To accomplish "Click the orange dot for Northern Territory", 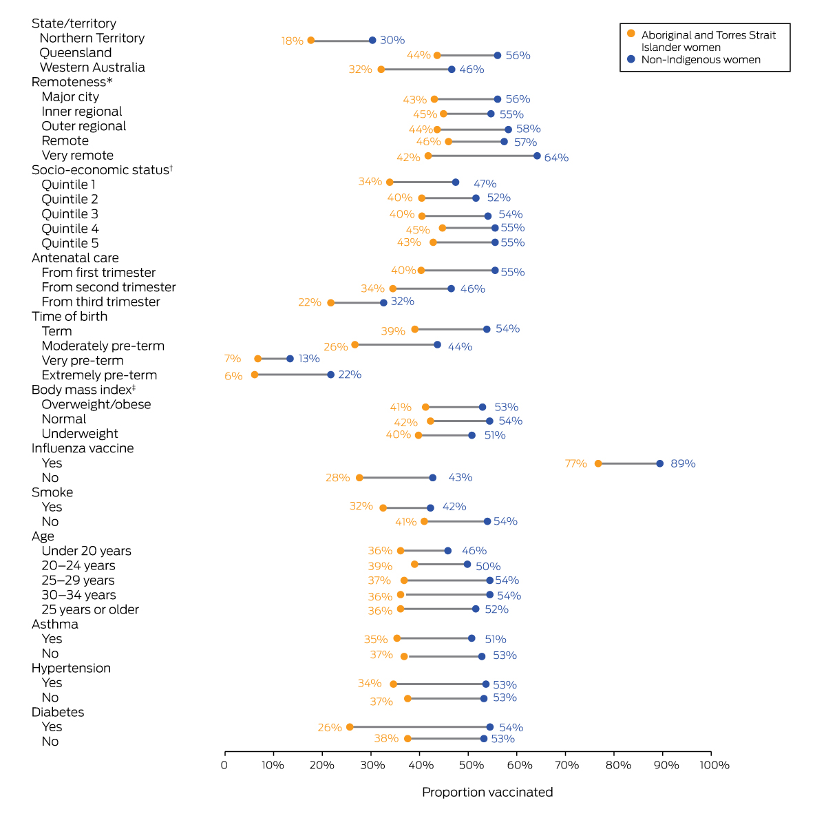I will (310, 41).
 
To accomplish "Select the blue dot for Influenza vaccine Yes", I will (659, 463).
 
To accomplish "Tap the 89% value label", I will (683, 464).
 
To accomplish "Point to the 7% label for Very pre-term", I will (233, 359).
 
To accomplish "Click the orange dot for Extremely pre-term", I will (255, 375).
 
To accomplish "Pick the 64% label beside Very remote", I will (556, 158).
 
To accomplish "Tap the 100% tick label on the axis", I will (711, 765).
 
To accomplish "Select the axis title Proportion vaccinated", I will (487, 792).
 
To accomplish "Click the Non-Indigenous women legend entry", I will (701, 60).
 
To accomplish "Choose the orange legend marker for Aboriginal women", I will (631, 33).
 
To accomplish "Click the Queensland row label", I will (76, 53).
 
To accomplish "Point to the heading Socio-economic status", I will (100, 170).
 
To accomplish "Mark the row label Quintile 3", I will (70, 214).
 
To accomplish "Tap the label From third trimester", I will (100, 302).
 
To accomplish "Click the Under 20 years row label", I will (86, 551).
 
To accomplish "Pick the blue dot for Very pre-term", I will (290, 359).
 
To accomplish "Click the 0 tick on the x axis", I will (224, 765).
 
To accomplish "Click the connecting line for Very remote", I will (482, 156).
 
